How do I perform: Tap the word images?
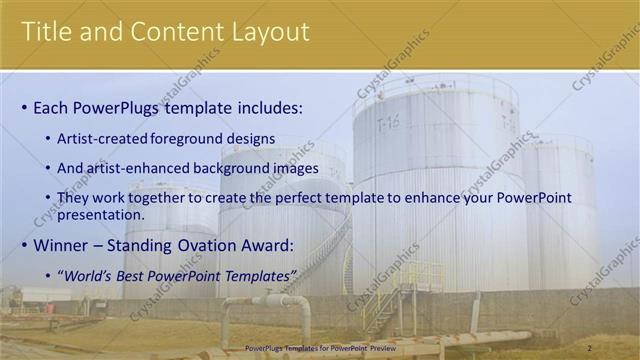tap(294, 168)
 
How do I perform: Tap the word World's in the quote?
tap(93, 275)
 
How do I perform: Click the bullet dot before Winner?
tap(24, 246)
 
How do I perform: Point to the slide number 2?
tap(590, 348)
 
